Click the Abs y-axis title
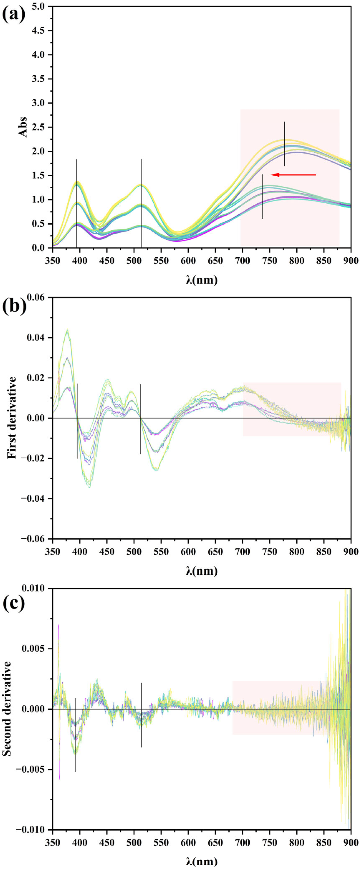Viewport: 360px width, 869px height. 23,127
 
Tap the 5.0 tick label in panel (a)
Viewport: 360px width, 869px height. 42,6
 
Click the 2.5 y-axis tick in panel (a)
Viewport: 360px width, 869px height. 42,127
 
